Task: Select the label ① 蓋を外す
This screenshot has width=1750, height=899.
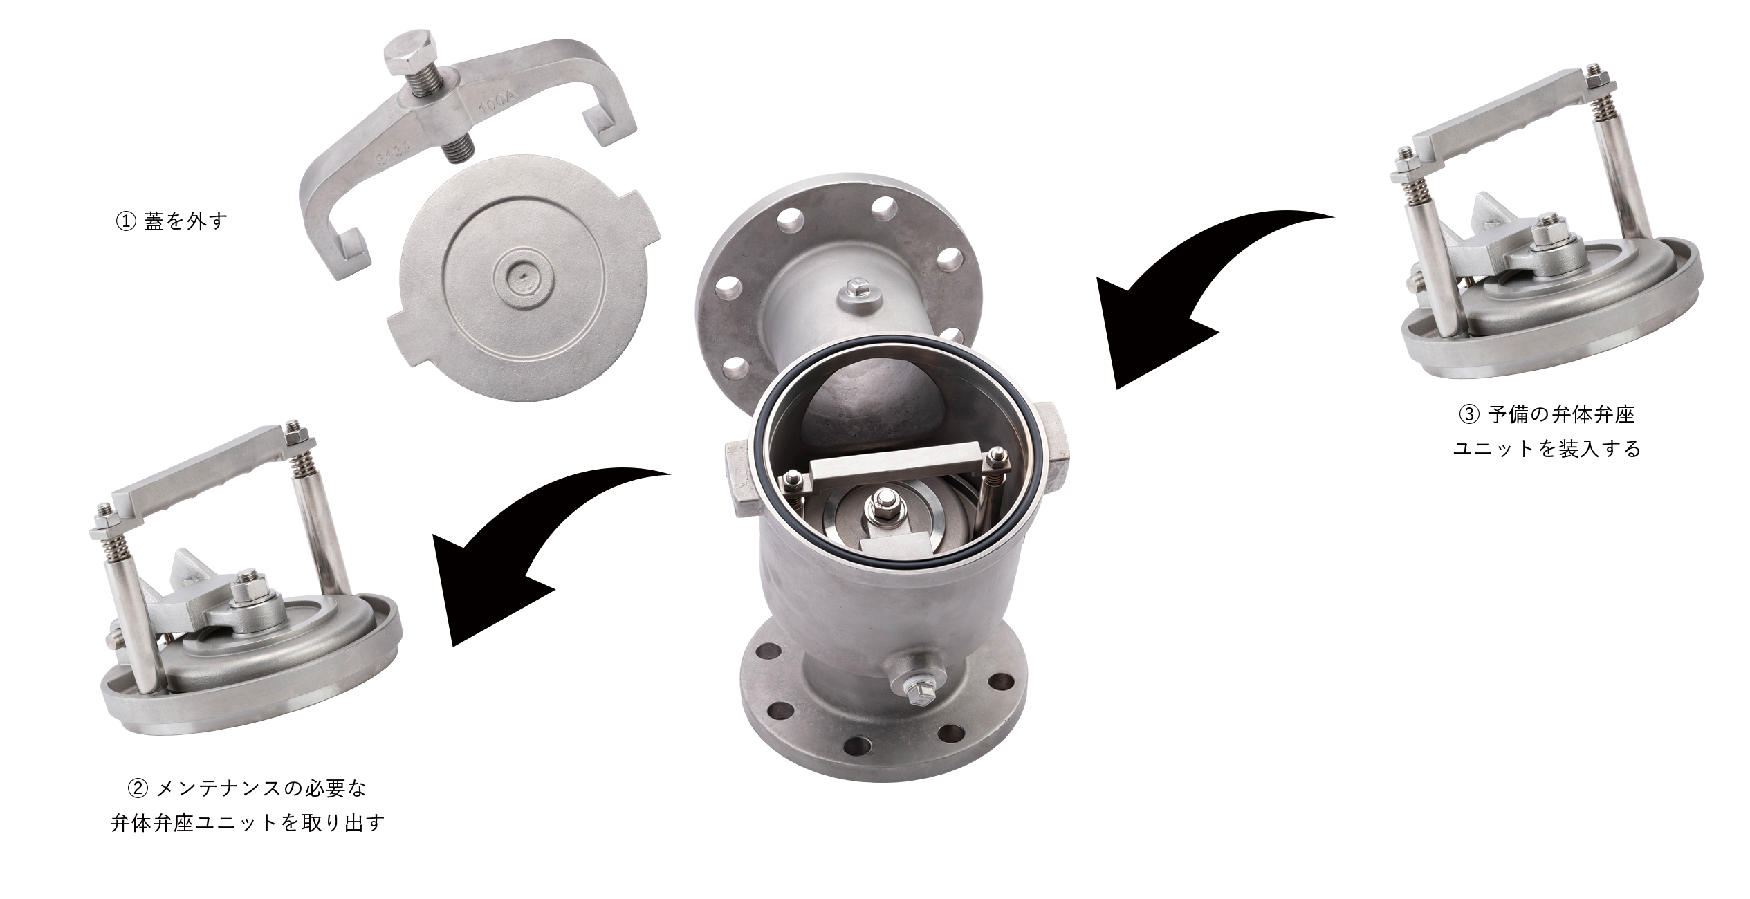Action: click(172, 222)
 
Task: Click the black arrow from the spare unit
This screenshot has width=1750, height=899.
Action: click(1190, 290)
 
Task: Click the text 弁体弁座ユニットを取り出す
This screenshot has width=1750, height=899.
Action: click(248, 823)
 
